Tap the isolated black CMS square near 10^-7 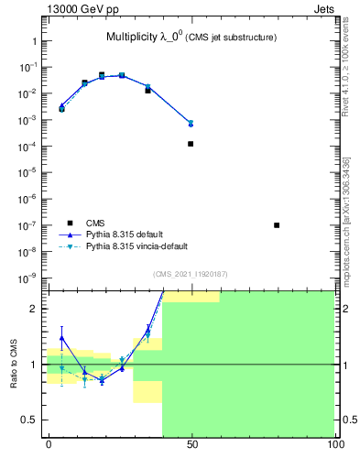pos(277,224)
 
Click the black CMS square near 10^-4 pos(191,144)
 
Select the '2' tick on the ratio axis pos(35,309)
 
